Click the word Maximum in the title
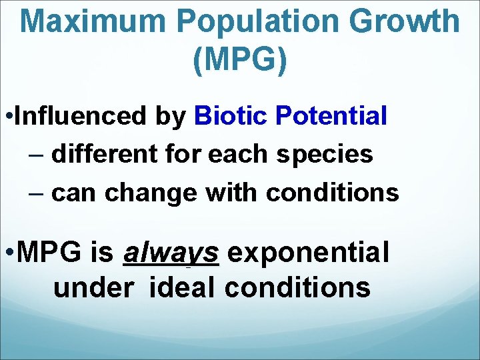[94, 22]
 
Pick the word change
[152, 193]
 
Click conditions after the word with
[333, 193]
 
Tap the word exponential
[309, 253]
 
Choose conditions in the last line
[297, 287]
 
